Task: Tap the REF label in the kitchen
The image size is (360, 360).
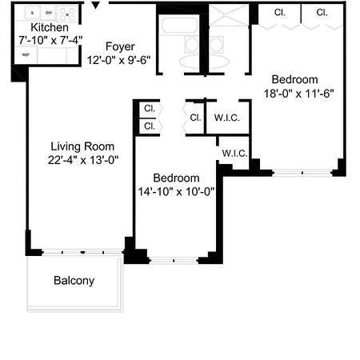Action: click(x=26, y=55)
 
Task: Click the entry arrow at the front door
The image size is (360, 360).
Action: click(x=98, y=6)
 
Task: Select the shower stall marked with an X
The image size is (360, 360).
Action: click(x=229, y=14)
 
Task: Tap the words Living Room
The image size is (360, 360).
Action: click(x=82, y=146)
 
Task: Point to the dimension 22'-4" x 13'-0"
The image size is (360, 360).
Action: click(x=82, y=159)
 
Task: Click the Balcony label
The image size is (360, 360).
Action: click(x=74, y=281)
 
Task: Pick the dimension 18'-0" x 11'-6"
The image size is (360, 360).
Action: click(x=294, y=92)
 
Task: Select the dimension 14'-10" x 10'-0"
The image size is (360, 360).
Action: click(x=176, y=190)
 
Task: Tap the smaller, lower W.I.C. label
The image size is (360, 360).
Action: click(x=234, y=153)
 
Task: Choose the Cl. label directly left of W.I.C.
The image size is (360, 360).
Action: click(x=195, y=118)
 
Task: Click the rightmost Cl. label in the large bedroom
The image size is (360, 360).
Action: click(x=322, y=13)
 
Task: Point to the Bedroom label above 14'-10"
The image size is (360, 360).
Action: click(x=176, y=178)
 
